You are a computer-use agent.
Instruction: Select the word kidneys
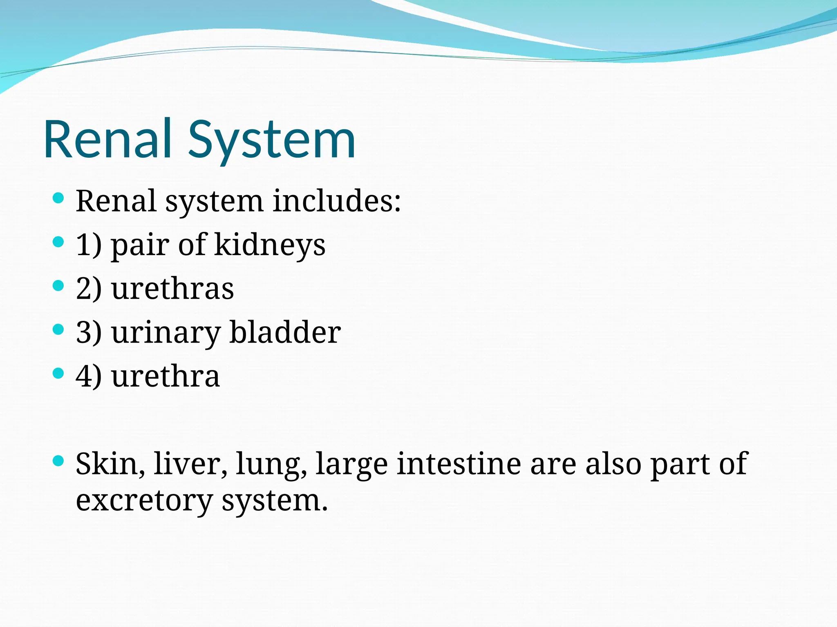click(270, 245)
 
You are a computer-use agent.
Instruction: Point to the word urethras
click(172, 289)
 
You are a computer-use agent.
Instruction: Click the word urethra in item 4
click(166, 376)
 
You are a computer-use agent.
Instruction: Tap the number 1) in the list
click(89, 245)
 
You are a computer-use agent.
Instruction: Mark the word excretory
click(144, 501)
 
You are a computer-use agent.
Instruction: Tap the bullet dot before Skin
click(59, 461)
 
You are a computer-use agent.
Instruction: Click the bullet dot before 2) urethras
click(59, 286)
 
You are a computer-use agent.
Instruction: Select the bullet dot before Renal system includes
click(59, 198)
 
